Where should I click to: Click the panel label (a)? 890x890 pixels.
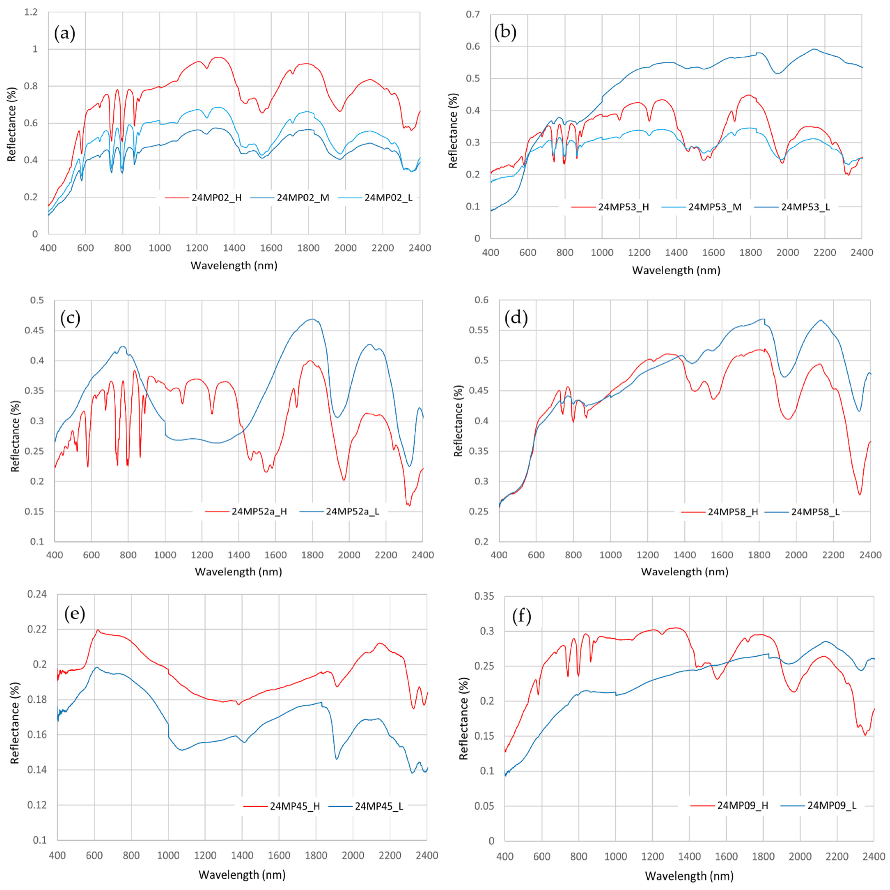tap(64, 34)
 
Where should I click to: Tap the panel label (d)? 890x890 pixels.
tap(516, 318)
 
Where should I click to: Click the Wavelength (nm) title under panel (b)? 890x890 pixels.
tap(676, 270)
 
